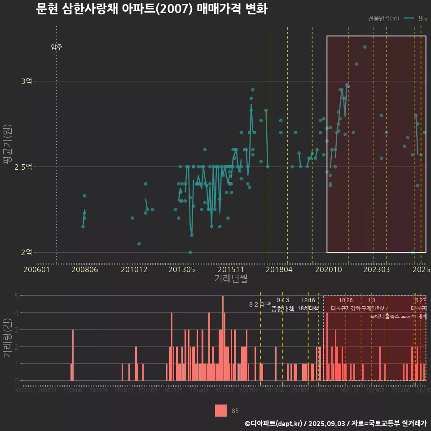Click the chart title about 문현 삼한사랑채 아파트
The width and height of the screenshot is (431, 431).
pyautogui.click(x=152, y=9)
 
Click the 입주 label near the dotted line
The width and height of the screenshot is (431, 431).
pyautogui.click(x=57, y=47)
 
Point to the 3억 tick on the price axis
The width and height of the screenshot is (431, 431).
pyautogui.click(x=26, y=81)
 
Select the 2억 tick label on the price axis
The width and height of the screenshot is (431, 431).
pyautogui.click(x=26, y=252)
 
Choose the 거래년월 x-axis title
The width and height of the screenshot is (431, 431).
pyautogui.click(x=231, y=278)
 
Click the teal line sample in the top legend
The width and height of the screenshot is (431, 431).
pyautogui.click(x=409, y=18)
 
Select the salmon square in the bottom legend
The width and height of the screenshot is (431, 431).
pyautogui.click(x=220, y=410)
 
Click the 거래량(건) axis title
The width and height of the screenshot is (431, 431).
pyautogui.click(x=8, y=338)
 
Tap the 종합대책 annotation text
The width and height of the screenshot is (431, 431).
pyautogui.click(x=283, y=309)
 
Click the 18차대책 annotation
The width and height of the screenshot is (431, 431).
pyautogui.click(x=308, y=308)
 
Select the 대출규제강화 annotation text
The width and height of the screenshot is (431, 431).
pyautogui.click(x=346, y=308)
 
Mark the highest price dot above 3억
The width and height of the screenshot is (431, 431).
pyautogui.click(x=365, y=47)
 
